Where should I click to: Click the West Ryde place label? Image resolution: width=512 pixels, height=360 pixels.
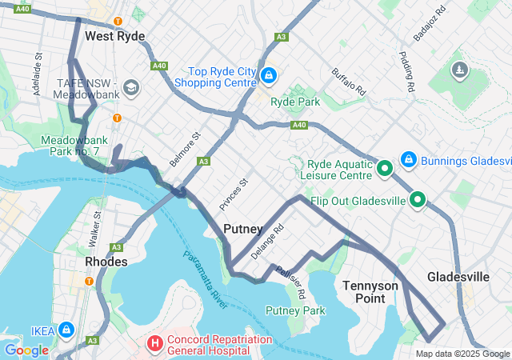[114, 36]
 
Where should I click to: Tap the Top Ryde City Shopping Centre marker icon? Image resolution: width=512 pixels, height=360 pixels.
[269, 76]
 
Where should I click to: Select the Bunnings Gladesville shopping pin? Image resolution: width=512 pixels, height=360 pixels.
[408, 160]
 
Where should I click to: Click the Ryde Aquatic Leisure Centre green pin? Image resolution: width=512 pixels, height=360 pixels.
[383, 168]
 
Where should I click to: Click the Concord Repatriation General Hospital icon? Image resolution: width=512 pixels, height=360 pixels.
[154, 345]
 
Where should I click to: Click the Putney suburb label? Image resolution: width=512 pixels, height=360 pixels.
[243, 229]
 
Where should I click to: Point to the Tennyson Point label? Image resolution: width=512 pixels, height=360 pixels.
[370, 291]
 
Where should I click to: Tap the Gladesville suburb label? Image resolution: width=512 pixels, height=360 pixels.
[458, 277]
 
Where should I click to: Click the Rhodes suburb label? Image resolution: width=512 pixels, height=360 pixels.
[106, 262]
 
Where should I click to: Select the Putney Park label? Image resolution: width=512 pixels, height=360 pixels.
[295, 310]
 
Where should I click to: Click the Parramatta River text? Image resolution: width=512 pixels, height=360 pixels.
[206, 276]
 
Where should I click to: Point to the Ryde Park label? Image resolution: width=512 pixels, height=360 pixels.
[296, 102]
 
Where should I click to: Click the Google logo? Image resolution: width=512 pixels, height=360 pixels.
[26, 350]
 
